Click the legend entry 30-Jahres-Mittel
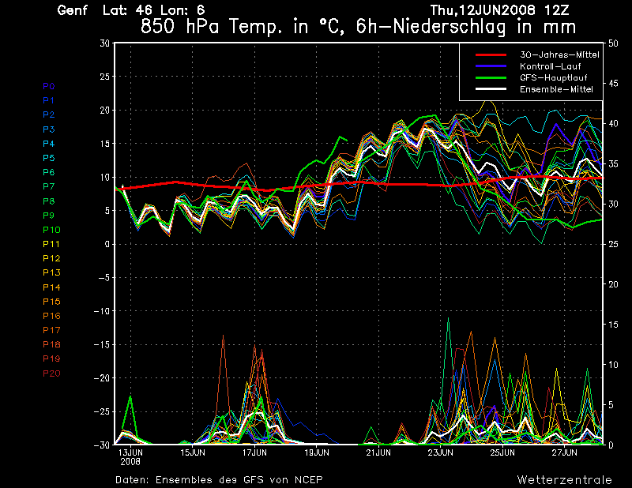click(558, 54)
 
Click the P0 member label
click(48, 86)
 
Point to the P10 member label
click(51, 229)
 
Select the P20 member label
click(51, 373)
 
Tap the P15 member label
click(51, 301)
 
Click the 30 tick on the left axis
click(104, 43)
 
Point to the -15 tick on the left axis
click(102, 344)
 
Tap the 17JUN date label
click(254, 453)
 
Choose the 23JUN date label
click(441, 453)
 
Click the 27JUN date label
click(565, 453)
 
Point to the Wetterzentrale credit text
click(564, 479)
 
